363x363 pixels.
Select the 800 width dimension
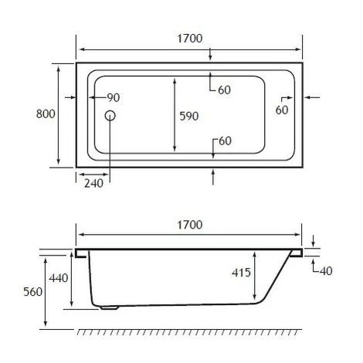[x=46, y=114]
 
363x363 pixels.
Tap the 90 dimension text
[x=113, y=97]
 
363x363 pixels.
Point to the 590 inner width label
[x=189, y=116]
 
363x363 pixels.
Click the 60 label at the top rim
[x=224, y=90]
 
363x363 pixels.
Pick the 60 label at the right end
[x=281, y=110]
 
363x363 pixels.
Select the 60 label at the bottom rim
[x=225, y=141]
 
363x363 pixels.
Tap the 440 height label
[x=59, y=278]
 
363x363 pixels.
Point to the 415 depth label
[x=243, y=272]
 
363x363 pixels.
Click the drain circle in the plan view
[x=110, y=116]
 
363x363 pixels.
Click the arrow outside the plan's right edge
[x=312, y=97]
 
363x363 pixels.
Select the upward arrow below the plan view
[x=212, y=175]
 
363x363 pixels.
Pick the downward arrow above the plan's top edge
[x=212, y=54]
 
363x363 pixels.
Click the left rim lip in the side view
[x=81, y=253]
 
